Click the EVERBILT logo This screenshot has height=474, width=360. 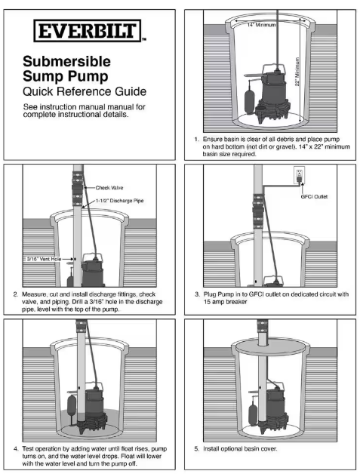coord(88,30)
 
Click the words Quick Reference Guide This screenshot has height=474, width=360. coord(85,91)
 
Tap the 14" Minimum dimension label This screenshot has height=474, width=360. coord(261,25)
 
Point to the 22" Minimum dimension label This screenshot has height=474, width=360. coord(297,72)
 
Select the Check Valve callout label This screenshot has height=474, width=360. coord(109,188)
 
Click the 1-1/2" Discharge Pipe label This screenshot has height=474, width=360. coord(120,201)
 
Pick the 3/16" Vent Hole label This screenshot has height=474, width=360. coord(44,259)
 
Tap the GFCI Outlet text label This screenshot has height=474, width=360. coord(314,196)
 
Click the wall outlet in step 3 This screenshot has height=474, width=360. coord(299,175)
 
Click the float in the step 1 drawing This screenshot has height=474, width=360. coord(250,101)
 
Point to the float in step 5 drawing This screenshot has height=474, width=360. coord(253,411)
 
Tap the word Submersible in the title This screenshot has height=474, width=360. coord(67,61)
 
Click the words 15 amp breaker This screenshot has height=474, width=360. coord(225,302)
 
